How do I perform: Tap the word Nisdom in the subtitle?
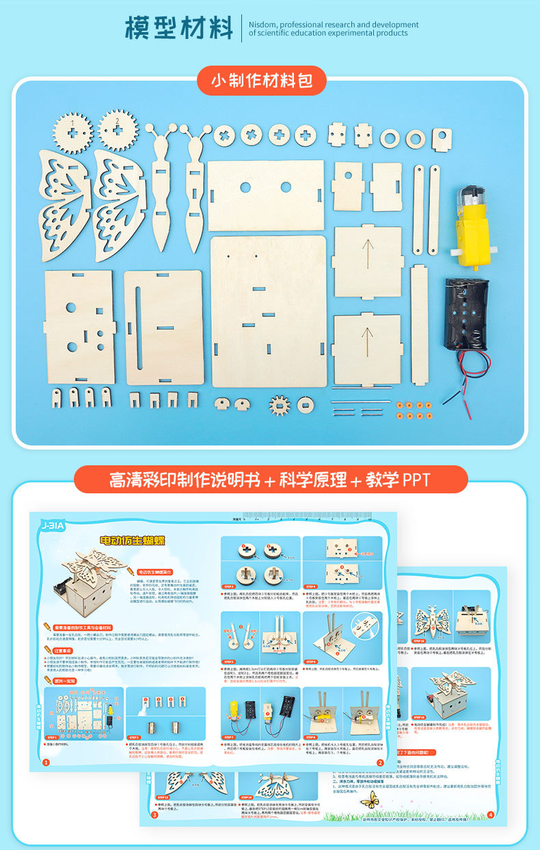(x=262, y=25)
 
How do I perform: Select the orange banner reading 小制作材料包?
(x=262, y=81)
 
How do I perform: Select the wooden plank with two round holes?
(x=265, y=195)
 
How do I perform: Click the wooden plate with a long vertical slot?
(x=163, y=327)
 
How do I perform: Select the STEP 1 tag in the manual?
(x=53, y=738)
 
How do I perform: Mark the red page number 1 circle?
(x=46, y=762)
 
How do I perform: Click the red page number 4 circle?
(x=490, y=814)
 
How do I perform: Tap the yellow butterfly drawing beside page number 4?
(x=370, y=800)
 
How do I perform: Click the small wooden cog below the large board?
(x=279, y=405)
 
